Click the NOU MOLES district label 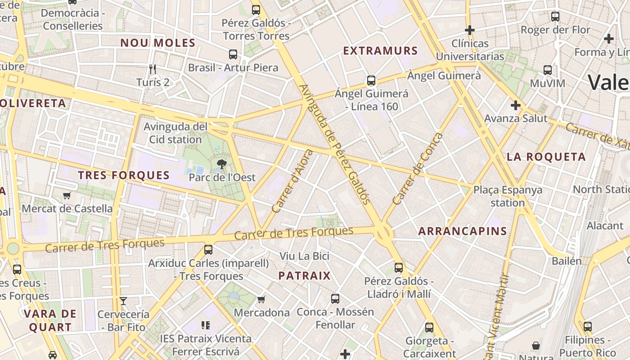[157, 43]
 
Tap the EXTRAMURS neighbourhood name [381, 51]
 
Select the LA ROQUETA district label [546, 157]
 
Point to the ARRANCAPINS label [463, 231]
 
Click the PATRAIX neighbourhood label [304, 276]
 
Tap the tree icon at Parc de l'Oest [221, 164]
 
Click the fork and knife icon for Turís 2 [153, 69]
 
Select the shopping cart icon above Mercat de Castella [67, 195]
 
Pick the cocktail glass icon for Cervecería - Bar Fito [123, 301]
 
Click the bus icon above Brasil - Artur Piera [233, 54]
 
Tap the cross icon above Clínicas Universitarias [470, 30]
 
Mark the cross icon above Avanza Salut [516, 105]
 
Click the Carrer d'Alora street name [292, 181]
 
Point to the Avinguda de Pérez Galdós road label [335, 144]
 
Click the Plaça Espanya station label [508, 196]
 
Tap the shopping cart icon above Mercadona [261, 299]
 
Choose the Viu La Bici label [305, 256]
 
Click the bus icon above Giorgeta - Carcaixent [429, 328]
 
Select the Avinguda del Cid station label [175, 133]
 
